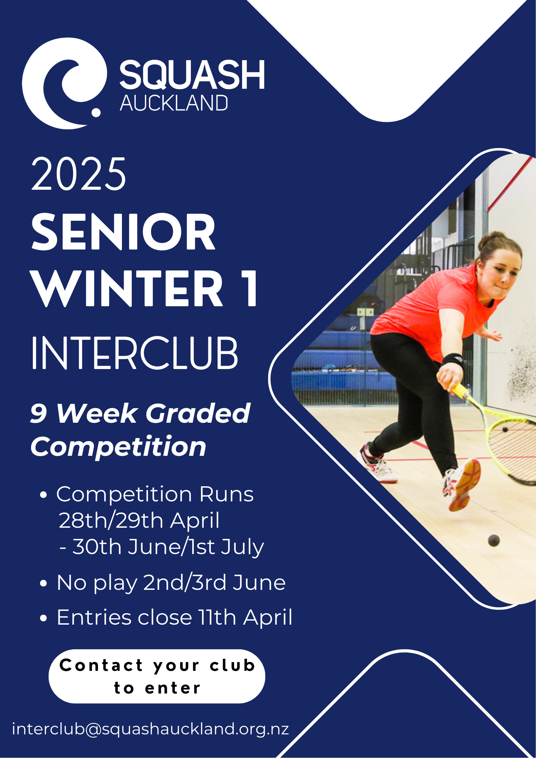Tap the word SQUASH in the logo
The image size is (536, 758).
click(x=192, y=75)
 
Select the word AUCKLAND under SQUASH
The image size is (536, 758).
click(x=174, y=103)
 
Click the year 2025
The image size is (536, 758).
click(x=79, y=174)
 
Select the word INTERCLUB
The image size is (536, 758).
click(x=134, y=353)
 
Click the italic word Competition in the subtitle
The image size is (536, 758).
click(x=119, y=447)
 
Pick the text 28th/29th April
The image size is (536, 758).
click(x=139, y=520)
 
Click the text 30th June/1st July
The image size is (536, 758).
click(x=168, y=547)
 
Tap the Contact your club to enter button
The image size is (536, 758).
click(x=157, y=676)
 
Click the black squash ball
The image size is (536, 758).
click(x=494, y=541)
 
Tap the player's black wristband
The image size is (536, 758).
click(x=453, y=360)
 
